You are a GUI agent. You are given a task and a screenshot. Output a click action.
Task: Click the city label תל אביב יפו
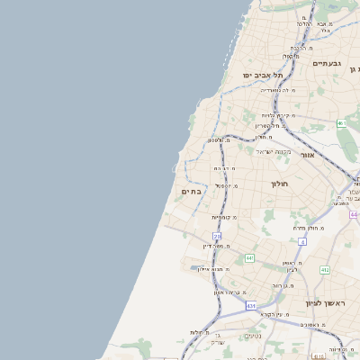(x=262, y=75)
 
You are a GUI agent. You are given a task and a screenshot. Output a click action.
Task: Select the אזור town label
(x=307, y=154)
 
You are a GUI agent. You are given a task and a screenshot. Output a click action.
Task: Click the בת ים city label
(x=191, y=191)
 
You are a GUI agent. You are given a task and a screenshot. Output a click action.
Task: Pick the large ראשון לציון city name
(x=325, y=303)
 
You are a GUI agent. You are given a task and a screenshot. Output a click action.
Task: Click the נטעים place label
(x=254, y=336)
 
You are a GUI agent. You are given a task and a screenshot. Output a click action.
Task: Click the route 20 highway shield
(x=217, y=236)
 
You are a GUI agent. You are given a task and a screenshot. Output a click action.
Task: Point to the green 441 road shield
(x=249, y=258)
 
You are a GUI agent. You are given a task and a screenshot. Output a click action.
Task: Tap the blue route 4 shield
(x=302, y=241)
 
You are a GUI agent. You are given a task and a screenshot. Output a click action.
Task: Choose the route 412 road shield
(x=324, y=269)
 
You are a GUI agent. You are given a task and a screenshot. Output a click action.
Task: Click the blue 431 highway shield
(x=250, y=306)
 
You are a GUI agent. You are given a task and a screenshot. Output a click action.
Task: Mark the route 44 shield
(x=354, y=214)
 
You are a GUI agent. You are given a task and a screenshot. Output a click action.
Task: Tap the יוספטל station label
(x=225, y=185)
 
